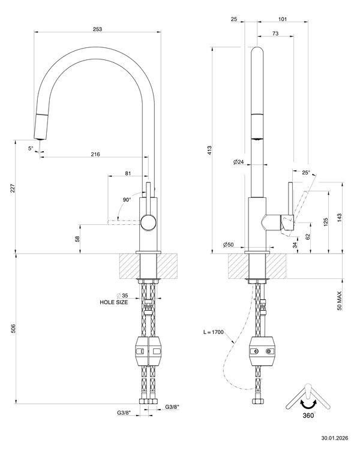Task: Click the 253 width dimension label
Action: (x=97, y=29)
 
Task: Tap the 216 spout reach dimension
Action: (x=95, y=155)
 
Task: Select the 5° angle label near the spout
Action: (x=31, y=148)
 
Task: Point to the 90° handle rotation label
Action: (x=127, y=200)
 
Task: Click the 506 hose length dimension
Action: (x=13, y=329)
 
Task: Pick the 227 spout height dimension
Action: (x=13, y=189)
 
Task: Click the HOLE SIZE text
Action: (x=113, y=302)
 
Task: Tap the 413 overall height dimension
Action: (x=209, y=151)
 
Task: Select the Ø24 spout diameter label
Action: (x=238, y=162)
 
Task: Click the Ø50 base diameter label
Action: (x=228, y=245)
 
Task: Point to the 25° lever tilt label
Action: (x=306, y=173)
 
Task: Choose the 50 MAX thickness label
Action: (x=340, y=301)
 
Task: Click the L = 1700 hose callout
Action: (x=213, y=332)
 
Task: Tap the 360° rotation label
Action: (x=309, y=416)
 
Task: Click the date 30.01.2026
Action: (x=334, y=438)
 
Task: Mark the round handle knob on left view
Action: (x=148, y=223)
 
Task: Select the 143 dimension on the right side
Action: (x=340, y=218)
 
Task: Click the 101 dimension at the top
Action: (x=283, y=19)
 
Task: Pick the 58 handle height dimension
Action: (x=77, y=239)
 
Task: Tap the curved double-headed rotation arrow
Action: (x=308, y=404)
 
